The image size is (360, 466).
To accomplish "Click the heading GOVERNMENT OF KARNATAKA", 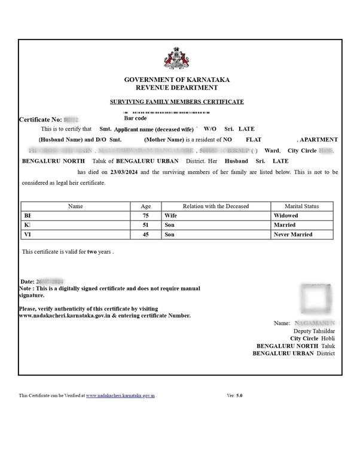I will point(177,80).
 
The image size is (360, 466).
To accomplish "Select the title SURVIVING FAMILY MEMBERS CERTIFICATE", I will point(177,102).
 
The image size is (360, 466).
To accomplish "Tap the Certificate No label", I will point(40,120).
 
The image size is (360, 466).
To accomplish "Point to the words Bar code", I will point(136,118).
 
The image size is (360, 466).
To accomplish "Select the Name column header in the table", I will point(75,206).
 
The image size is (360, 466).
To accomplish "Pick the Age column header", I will point(146,206).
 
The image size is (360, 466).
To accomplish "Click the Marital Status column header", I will point(303,206).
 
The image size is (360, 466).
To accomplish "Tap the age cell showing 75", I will point(146,215).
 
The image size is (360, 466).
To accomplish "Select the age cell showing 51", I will point(146,224).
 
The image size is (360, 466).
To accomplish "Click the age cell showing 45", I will point(146,234).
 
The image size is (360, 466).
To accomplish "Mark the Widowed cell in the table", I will point(286,215).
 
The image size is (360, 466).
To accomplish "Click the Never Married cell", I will point(293,234).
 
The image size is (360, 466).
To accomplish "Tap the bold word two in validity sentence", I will point(92,252).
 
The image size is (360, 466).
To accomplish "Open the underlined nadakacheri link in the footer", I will point(121,395).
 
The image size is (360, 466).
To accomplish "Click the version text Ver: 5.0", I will point(235,395).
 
